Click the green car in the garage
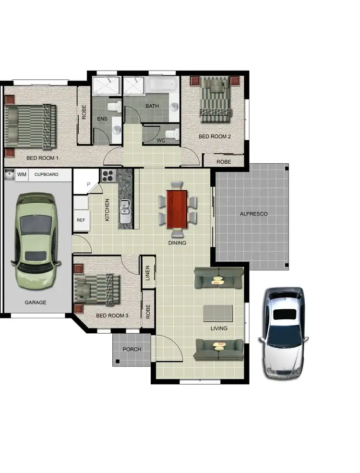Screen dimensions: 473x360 [36, 240]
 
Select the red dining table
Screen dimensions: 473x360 [177, 209]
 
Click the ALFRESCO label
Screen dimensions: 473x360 [253, 214]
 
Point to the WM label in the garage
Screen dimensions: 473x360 [22, 174]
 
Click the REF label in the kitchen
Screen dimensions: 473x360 [80, 220]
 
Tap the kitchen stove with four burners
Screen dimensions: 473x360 [108, 176]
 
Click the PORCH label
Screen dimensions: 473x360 [132, 349]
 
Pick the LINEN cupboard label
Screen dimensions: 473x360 [148, 273]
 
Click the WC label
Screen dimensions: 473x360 [161, 141]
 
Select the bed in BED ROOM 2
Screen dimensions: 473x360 [216, 99]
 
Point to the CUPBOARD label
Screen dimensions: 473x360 [46, 174]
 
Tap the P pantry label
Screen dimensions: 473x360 [88, 184]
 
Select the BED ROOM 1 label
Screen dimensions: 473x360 [42, 158]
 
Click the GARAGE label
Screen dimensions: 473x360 [36, 303]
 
